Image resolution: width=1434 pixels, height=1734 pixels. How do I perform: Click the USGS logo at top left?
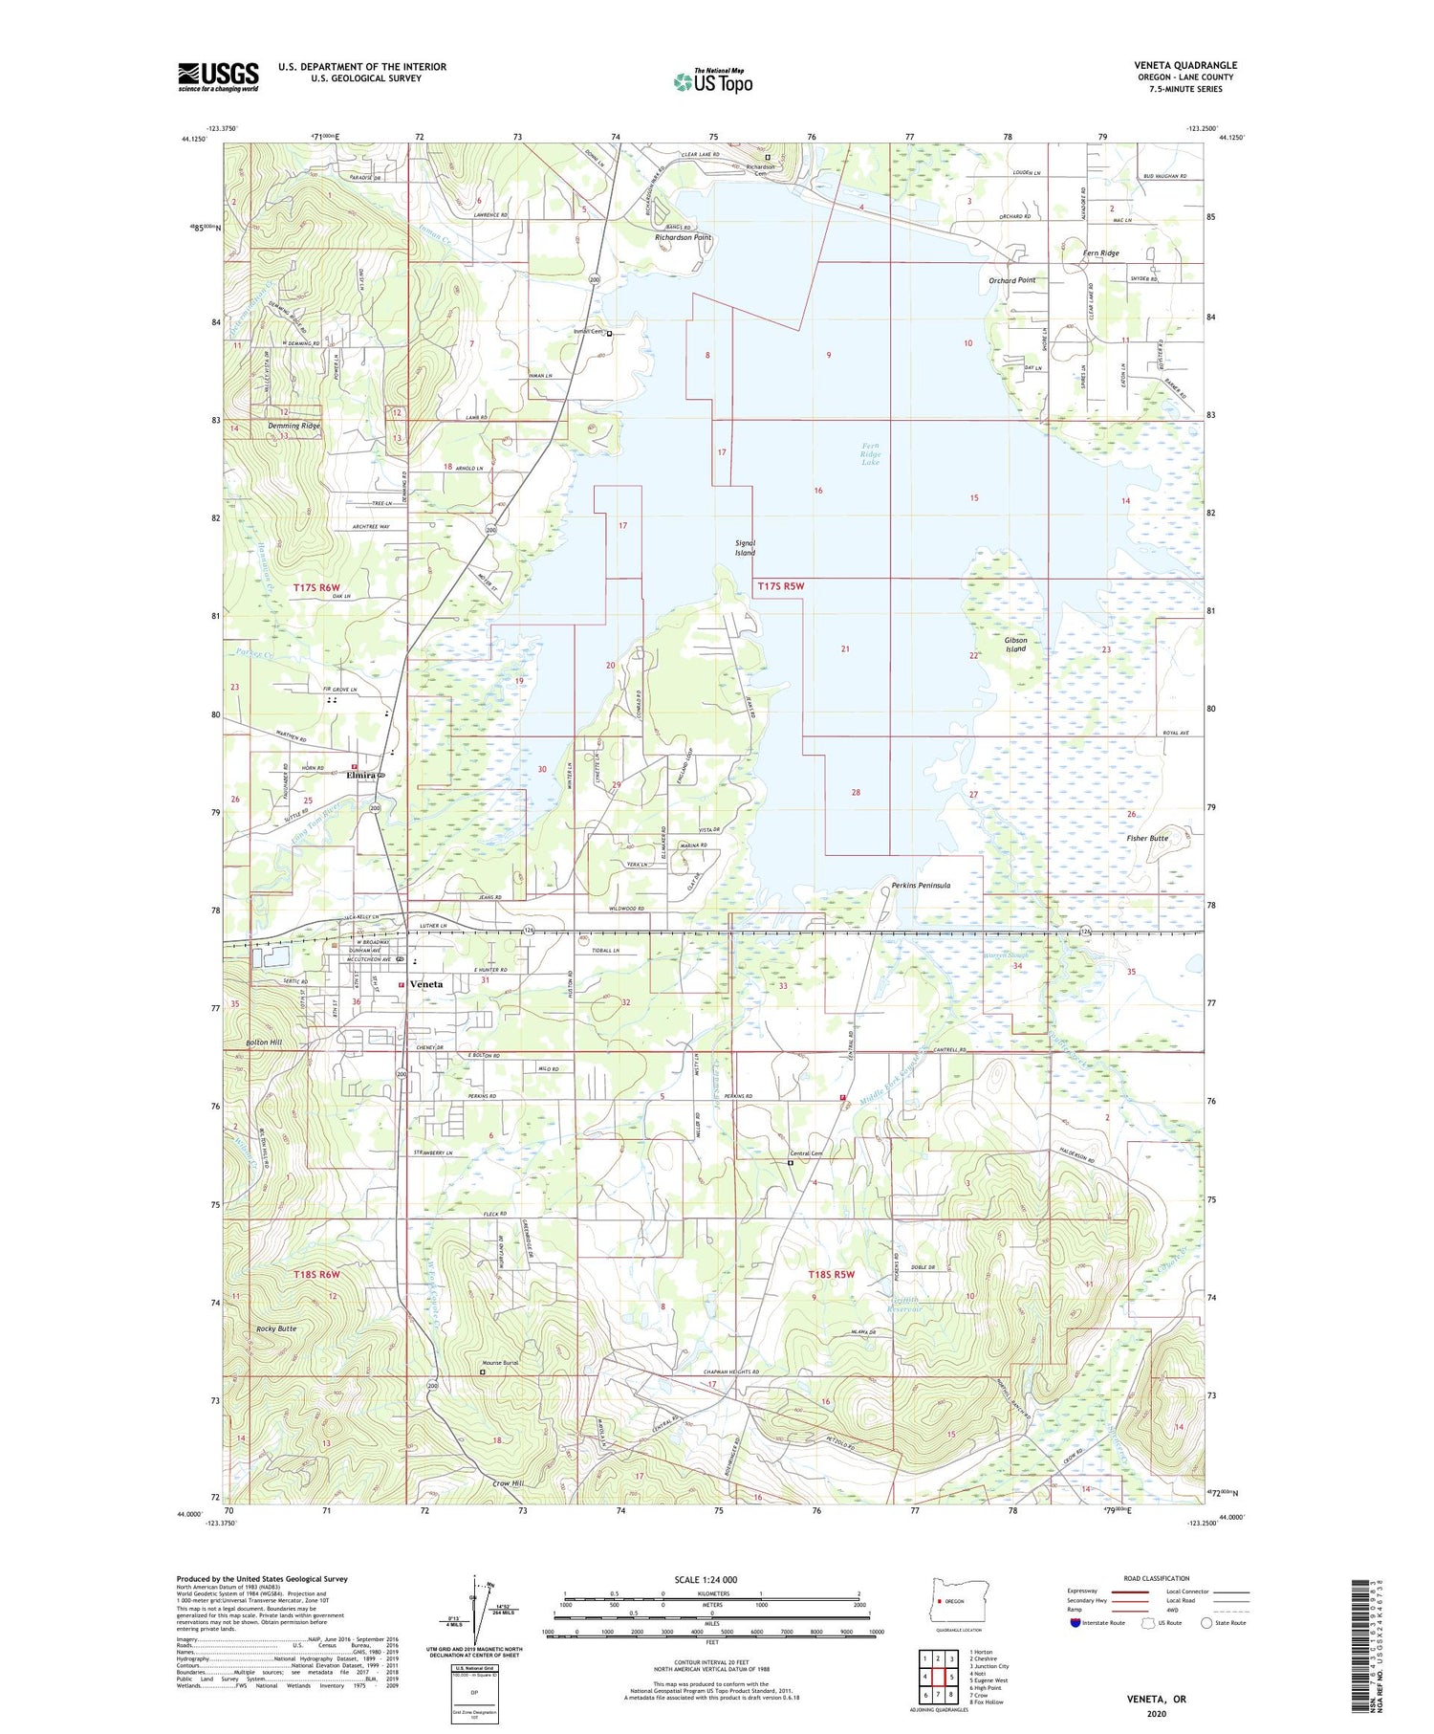click(x=218, y=77)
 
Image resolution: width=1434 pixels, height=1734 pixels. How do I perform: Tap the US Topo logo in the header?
click(x=713, y=81)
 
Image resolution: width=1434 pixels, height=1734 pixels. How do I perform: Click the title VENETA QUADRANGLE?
click(x=1185, y=65)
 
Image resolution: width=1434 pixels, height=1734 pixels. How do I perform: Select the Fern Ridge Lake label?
click(x=870, y=453)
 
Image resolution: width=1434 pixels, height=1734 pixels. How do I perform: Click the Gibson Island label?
click(x=1015, y=645)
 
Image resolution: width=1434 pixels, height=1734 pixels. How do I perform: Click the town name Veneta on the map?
click(x=425, y=984)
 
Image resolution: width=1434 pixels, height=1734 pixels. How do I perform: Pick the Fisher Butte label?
click(x=1147, y=838)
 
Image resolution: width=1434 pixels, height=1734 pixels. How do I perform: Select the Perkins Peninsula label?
click(x=921, y=886)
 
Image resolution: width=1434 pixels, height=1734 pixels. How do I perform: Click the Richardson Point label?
click(x=683, y=237)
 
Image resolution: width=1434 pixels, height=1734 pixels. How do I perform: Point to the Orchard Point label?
click(x=1011, y=280)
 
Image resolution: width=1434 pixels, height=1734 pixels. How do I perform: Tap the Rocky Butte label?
click(x=276, y=1328)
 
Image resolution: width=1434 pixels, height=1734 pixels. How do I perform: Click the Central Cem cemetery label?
click(x=806, y=1153)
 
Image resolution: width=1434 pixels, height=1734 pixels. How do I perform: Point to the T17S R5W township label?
click(x=781, y=586)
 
